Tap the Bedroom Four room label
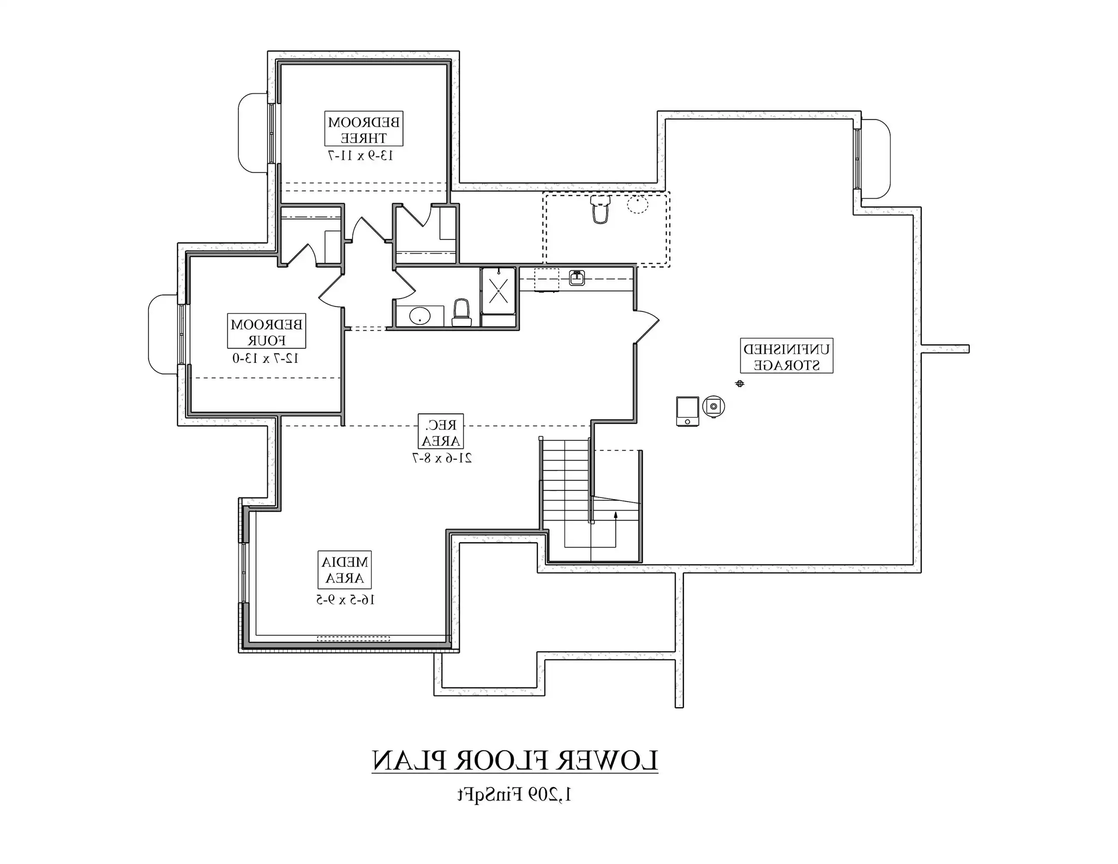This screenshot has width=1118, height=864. tap(266, 331)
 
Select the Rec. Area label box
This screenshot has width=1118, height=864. tap(441, 431)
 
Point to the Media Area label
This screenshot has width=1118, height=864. tap(344, 569)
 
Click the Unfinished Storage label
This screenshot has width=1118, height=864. tap(786, 356)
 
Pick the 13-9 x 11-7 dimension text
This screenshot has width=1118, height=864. tap(359, 156)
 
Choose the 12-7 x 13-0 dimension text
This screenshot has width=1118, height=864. tap(266, 358)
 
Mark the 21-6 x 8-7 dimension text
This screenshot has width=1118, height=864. tap(442, 457)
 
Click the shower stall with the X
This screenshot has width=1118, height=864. tap(498, 290)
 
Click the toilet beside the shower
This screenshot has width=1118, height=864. tap(461, 313)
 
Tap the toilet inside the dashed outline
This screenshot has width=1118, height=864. tap(600, 209)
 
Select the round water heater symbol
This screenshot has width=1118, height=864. tap(714, 407)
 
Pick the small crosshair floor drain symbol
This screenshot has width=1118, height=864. tap(739, 383)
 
